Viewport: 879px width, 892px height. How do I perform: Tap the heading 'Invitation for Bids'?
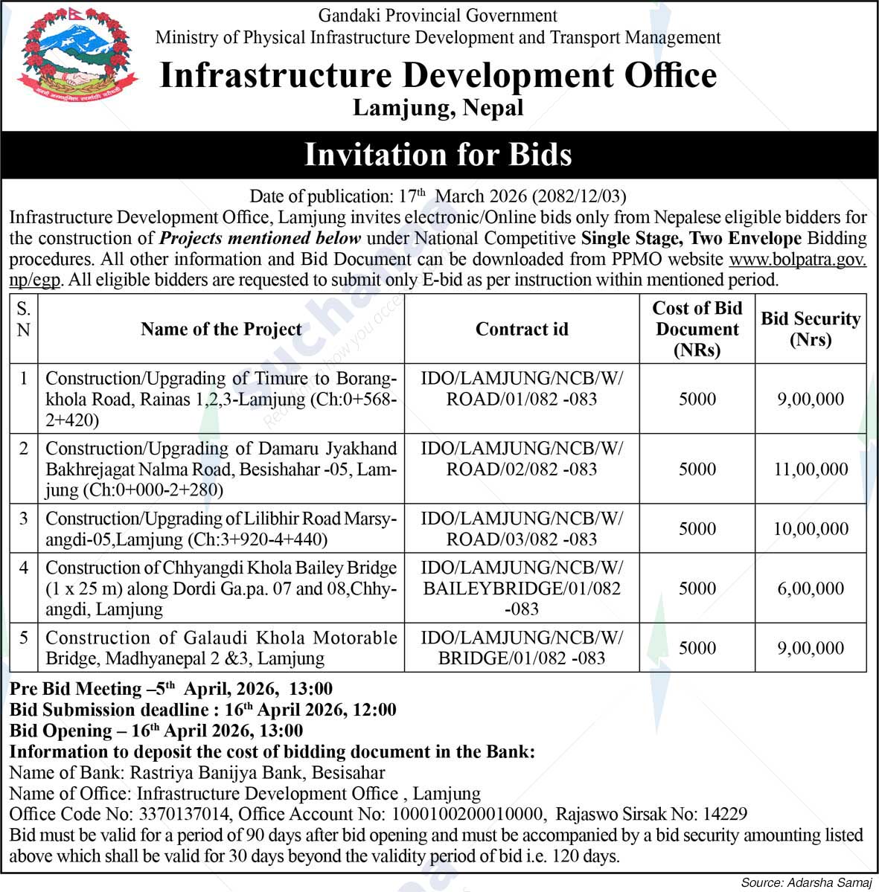pos(438,154)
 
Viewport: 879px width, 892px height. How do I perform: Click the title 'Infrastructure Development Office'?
pos(438,76)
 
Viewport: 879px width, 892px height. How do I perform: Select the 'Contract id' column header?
pos(522,329)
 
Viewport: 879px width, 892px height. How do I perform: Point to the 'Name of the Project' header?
pos(221,329)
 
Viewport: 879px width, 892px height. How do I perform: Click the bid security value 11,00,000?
pos(811,469)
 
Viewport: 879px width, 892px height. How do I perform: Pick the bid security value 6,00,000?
pos(811,588)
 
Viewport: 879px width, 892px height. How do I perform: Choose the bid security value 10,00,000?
pos(811,529)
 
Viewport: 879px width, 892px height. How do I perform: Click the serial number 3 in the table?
pos(24,519)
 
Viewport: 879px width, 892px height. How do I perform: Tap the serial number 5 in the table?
pos(24,638)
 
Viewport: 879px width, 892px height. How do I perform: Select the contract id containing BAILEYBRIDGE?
pos(522,588)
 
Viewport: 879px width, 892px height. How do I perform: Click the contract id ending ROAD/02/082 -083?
pos(522,459)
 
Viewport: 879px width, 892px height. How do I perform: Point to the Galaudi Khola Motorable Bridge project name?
pos(221,648)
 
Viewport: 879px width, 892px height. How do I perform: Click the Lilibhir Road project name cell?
pos(221,529)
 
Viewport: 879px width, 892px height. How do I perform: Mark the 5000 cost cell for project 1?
pos(697,399)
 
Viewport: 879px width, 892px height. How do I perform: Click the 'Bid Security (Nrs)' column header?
pos(811,329)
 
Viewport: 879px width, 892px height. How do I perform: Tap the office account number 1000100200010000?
pos(469,814)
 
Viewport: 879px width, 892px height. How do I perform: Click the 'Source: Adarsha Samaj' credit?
pos(806,882)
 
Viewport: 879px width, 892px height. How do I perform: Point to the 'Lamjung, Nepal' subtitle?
pos(438,109)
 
